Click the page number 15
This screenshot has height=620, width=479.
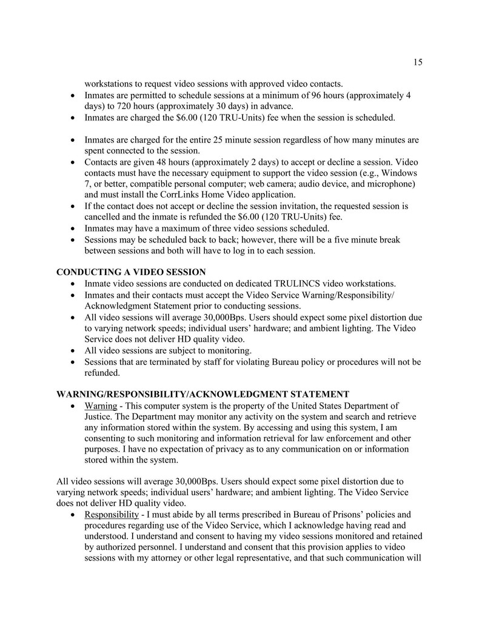tap(418, 62)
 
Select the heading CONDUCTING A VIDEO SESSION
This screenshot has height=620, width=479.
tap(131, 272)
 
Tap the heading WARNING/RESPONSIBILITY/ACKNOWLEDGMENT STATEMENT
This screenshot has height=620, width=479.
tap(203, 394)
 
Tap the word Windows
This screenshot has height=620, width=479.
tap(401, 173)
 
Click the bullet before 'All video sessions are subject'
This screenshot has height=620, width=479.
tap(73, 351)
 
